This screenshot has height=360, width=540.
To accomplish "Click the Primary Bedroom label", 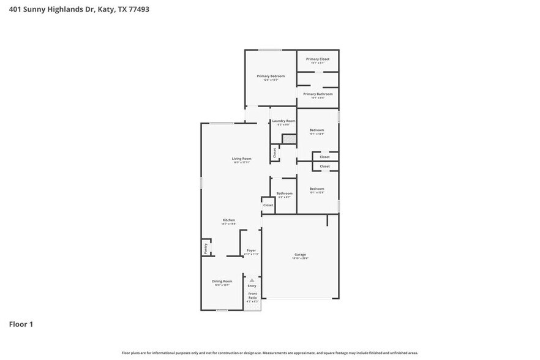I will (270, 76).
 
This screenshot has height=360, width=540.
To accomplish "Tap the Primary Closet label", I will (318, 59).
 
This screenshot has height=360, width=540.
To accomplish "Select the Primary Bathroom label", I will (318, 94).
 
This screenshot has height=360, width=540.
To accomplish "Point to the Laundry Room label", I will (283, 121).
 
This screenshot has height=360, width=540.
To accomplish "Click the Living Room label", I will (241, 159).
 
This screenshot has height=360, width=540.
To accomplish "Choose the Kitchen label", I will (228, 220).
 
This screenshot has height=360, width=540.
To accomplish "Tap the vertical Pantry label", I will (205, 248).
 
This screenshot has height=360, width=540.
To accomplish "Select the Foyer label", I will (251, 250).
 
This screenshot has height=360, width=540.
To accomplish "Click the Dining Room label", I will (222, 281).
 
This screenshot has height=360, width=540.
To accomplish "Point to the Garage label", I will (300, 254).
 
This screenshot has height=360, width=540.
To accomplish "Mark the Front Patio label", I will (252, 296).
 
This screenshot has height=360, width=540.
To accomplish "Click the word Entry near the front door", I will (252, 286).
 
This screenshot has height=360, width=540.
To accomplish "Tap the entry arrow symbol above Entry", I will (252, 280).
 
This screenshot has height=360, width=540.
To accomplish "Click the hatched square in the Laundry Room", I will (289, 139).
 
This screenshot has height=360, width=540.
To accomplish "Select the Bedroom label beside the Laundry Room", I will (317, 130).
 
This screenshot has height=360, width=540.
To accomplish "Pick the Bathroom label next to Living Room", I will (284, 193).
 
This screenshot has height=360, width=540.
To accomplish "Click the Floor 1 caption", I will (21, 324).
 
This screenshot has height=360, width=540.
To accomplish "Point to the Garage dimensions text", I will (300, 258).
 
